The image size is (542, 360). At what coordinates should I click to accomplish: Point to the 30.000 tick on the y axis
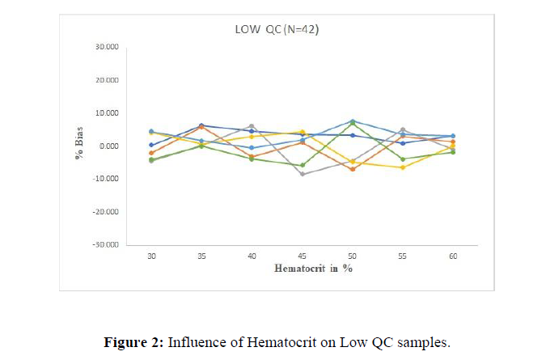(107, 47)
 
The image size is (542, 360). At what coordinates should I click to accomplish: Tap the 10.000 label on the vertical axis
(107, 113)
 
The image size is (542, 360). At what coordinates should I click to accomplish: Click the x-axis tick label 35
(201, 256)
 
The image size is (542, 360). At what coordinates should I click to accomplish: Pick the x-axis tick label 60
(452, 256)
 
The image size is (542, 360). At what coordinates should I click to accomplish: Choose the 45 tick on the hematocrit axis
(302, 256)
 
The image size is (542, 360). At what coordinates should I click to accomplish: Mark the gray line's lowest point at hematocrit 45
(302, 174)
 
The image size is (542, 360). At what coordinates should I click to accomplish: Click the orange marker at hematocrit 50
(352, 169)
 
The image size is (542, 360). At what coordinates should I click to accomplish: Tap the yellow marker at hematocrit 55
(402, 167)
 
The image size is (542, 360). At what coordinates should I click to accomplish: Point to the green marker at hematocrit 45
(302, 165)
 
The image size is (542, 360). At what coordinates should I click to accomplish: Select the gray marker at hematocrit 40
(252, 126)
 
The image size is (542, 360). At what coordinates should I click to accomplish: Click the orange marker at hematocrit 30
(151, 153)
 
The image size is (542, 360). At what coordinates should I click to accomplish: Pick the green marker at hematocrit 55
(402, 159)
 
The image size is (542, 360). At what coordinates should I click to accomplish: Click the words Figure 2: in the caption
(133, 341)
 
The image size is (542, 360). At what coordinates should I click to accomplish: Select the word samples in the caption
(425, 341)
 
